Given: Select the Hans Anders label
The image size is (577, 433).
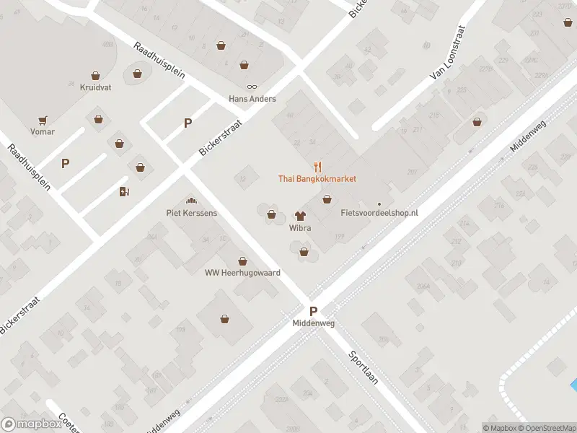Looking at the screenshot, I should coord(252,99).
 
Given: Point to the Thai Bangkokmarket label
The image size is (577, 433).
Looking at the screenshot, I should coord(317,178).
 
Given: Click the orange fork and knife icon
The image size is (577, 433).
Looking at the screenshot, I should coord(317,167).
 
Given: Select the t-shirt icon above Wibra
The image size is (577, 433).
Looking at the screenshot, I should coord(300,215).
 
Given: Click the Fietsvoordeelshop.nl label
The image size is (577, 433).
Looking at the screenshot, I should coord(379,214).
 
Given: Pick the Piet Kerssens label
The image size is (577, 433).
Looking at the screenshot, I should coord(192,213).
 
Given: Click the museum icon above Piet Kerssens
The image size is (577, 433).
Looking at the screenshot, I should coord(192,201).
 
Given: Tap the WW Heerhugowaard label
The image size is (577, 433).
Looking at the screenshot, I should coord(242,273).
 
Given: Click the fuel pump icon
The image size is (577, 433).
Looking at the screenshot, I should coord(124,191).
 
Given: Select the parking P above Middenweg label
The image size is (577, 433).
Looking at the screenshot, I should coord(314,312).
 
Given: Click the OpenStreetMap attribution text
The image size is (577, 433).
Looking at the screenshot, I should coord(547,428).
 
